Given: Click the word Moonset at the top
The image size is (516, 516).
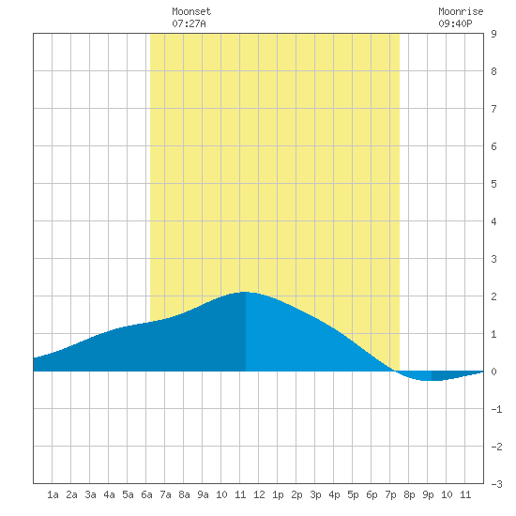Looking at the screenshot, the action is (x=191, y=11).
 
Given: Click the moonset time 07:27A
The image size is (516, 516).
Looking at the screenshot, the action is (x=189, y=23).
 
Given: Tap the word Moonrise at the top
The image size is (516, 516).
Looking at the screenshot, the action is (x=461, y=11).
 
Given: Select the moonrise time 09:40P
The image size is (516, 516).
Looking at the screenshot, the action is (x=455, y=23).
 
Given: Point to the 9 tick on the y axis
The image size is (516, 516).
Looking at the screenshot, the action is (x=493, y=34).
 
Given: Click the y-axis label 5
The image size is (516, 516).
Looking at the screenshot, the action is (x=493, y=184).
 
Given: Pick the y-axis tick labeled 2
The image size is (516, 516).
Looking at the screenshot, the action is (x=493, y=296).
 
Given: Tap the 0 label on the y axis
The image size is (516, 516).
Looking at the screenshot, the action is (x=493, y=372).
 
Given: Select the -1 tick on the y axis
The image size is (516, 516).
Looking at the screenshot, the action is (x=496, y=409).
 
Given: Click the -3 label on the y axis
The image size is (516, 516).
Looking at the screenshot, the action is (x=496, y=484).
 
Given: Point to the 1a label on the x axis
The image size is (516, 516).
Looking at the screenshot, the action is (x=53, y=494).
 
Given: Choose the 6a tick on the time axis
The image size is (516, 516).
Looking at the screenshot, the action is (x=146, y=494).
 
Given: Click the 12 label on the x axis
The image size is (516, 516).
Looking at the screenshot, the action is (x=259, y=494).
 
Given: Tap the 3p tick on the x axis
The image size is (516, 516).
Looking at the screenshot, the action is (x=315, y=494).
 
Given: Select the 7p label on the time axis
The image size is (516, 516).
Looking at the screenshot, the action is (x=390, y=494).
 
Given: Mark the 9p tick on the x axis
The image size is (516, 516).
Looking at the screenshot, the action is (x=428, y=494).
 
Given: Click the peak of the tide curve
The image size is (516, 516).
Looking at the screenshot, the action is (x=245, y=292).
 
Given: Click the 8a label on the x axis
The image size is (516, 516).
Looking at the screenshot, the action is (x=184, y=494).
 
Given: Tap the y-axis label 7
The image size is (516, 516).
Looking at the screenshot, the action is (x=493, y=109).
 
